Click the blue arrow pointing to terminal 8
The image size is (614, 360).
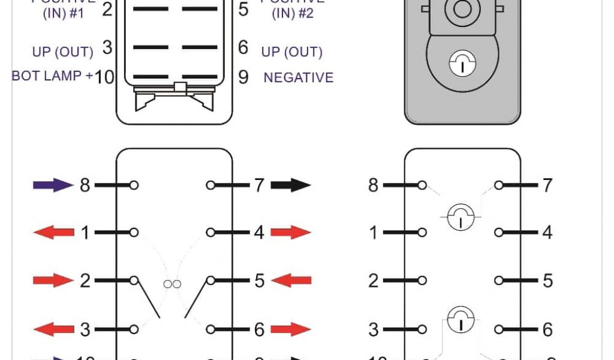53,185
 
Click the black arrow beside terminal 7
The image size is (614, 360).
291,185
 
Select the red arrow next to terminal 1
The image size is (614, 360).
53,232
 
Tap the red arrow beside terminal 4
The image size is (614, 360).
291,232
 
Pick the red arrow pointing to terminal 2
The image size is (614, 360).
53,280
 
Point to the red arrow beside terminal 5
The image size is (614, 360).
291,280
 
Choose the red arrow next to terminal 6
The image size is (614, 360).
291,329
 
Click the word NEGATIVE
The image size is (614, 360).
298,77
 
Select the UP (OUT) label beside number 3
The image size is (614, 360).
62,52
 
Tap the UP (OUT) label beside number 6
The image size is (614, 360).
291,52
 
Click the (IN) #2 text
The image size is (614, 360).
293,13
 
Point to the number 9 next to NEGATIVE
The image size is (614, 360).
243,77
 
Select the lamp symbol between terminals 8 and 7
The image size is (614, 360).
460,214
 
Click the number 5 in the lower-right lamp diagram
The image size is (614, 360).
547,280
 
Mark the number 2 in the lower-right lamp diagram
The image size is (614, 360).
374,280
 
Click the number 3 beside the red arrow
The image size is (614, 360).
85,329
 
